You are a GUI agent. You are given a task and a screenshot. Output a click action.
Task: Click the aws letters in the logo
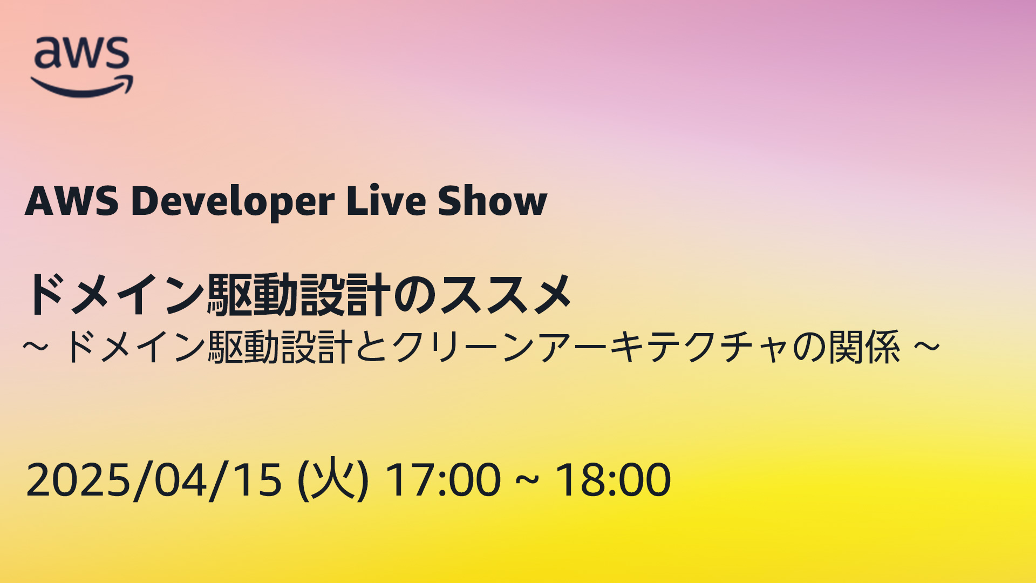(82, 53)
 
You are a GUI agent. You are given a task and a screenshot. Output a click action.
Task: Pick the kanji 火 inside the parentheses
(333, 478)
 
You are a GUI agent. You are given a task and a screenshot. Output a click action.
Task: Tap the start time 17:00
(443, 479)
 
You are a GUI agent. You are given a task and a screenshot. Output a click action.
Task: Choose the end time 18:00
(613, 479)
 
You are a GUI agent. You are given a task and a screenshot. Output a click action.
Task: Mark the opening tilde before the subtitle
(36, 347)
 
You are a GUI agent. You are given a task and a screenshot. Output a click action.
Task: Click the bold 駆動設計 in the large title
(299, 294)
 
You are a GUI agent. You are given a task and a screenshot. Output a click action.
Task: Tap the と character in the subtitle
(372, 347)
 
